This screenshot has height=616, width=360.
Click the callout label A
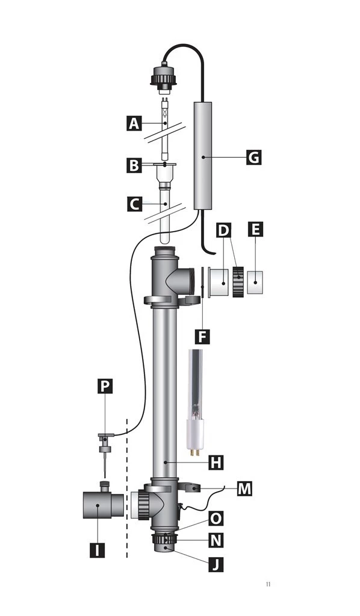click(x=134, y=124)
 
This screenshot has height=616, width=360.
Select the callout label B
click(x=134, y=165)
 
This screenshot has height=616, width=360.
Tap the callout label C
click(x=134, y=205)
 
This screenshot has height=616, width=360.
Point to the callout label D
click(x=224, y=230)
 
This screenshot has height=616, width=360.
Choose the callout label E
click(x=256, y=230)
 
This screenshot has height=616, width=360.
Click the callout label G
click(x=254, y=158)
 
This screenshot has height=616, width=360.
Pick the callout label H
click(x=216, y=462)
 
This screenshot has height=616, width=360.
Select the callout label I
click(x=97, y=550)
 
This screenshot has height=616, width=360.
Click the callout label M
click(x=244, y=488)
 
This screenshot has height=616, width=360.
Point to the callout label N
click(x=216, y=540)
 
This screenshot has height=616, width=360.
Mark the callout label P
click(x=105, y=386)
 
